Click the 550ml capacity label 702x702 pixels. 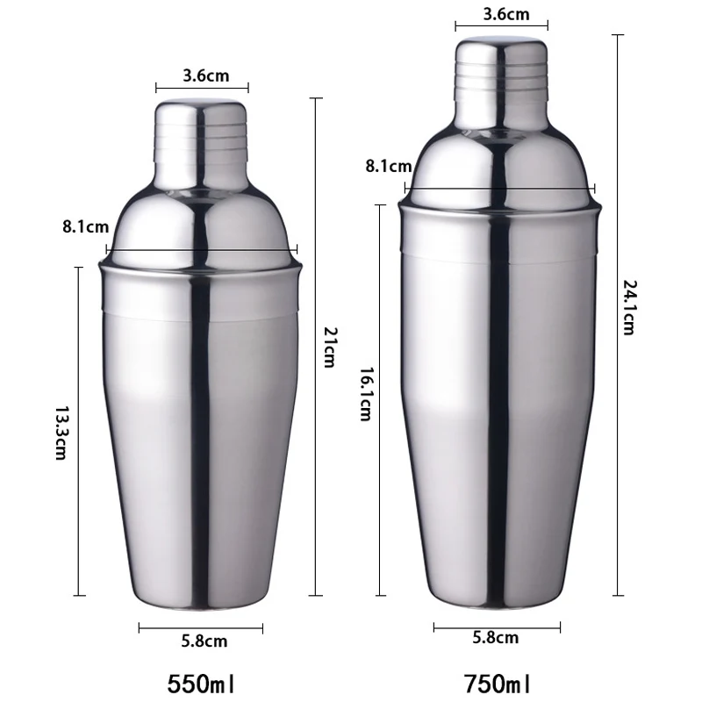[201, 684]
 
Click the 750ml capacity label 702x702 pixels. [497, 684]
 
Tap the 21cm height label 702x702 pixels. [331, 347]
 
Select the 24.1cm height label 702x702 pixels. [629, 308]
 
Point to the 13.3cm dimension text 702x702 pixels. [61, 433]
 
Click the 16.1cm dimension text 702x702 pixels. [366, 394]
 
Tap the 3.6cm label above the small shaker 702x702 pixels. [206, 75]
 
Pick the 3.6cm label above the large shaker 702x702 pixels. [506, 14]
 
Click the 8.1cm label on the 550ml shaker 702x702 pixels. [85, 226]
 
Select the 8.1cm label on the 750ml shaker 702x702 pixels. [389, 166]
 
